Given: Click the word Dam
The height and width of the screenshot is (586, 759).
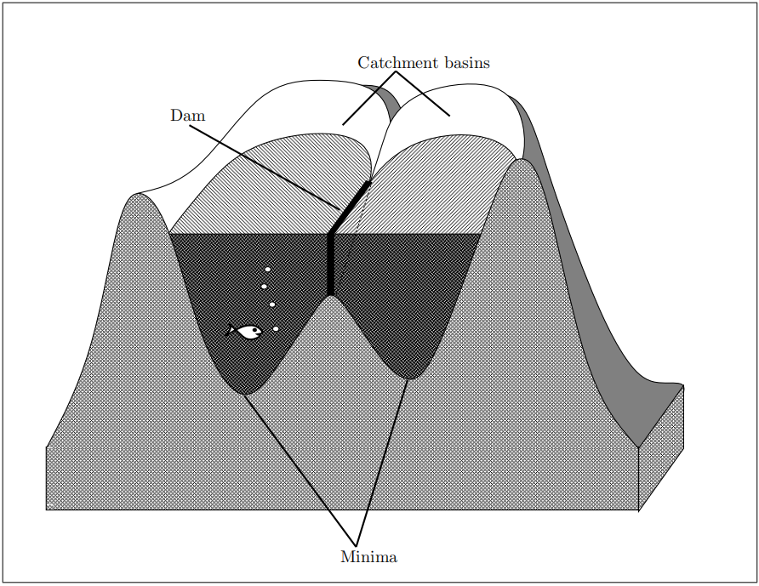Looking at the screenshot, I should pyautogui.click(x=187, y=115).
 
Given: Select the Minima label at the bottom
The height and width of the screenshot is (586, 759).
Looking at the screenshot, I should pyautogui.click(x=368, y=558).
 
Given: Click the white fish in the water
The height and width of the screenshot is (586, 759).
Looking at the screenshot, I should pyautogui.click(x=248, y=331).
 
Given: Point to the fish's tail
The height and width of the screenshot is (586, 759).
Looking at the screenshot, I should pyautogui.click(x=231, y=330).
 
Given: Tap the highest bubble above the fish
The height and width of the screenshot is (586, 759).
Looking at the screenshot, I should pyautogui.click(x=267, y=270).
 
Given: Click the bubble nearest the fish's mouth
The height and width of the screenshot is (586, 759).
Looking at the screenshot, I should pyautogui.click(x=276, y=328).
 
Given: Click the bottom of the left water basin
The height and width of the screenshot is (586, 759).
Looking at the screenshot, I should pyautogui.click(x=246, y=392).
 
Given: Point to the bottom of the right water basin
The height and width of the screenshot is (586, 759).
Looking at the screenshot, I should pyautogui.click(x=411, y=376).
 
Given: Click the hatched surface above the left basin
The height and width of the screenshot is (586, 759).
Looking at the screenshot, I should pyautogui.click(x=272, y=187).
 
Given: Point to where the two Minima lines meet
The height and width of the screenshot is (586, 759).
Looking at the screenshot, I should pyautogui.click(x=356, y=543).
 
